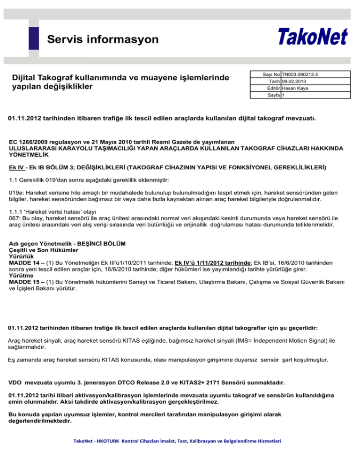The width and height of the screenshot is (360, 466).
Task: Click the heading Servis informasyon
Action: tap(103, 39)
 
